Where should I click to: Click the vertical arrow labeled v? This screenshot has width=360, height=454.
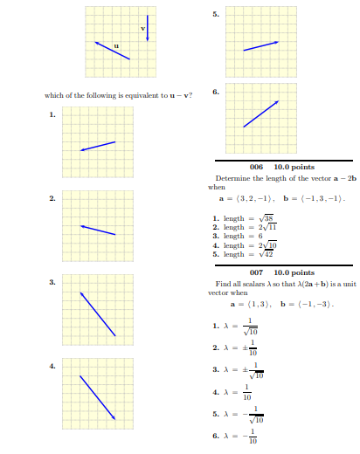[x=148, y=28]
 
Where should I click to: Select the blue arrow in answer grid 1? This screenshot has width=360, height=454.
[x=98, y=146]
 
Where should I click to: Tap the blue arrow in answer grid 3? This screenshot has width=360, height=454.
[x=98, y=313]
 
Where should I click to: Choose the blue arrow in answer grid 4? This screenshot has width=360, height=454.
[x=98, y=397]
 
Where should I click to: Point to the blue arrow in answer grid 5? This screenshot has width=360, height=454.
[x=261, y=45]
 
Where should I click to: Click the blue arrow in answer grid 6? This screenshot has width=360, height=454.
[x=261, y=114]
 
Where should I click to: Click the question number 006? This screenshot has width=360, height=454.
[x=257, y=167]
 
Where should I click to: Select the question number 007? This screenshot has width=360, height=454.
[x=257, y=272]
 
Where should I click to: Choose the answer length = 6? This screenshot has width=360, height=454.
[x=241, y=236]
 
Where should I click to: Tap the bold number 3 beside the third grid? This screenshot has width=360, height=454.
[x=52, y=282]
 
